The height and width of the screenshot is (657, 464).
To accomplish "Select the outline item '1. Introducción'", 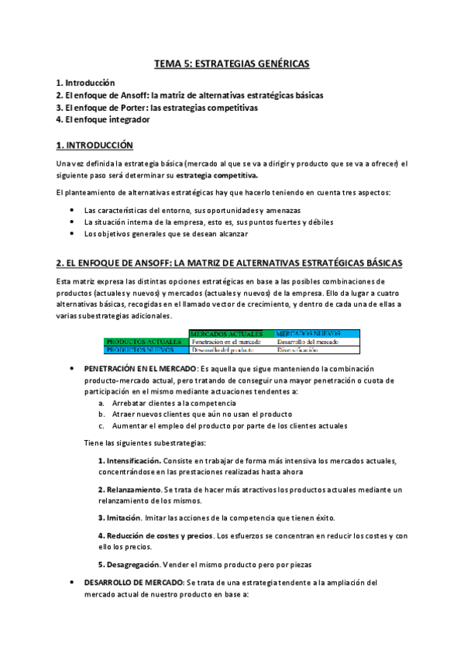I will pos(85,83).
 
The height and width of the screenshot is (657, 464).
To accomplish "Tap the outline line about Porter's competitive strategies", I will pos(156,108).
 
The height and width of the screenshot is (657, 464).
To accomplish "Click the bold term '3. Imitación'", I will pos(119,518).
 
